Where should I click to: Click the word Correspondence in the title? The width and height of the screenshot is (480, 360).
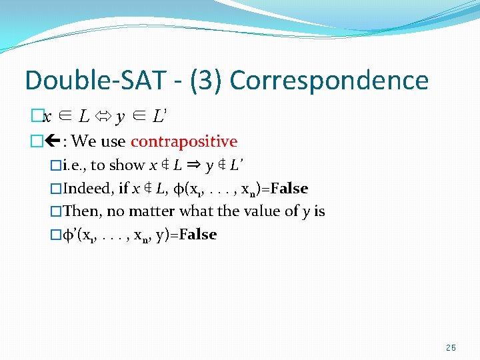[x=329, y=81]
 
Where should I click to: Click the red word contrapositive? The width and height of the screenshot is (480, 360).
[x=184, y=141]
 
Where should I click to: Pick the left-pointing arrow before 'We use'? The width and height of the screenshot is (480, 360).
[x=51, y=141]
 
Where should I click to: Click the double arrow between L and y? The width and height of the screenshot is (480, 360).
[x=103, y=117]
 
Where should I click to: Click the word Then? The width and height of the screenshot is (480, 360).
[x=81, y=211]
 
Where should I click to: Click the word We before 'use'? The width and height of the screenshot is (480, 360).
[x=83, y=141]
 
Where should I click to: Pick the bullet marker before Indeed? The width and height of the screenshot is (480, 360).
[x=56, y=189]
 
